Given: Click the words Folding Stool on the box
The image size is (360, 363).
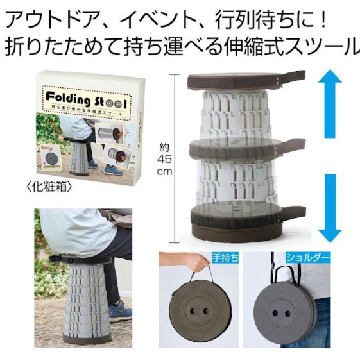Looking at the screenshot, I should (86, 99).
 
